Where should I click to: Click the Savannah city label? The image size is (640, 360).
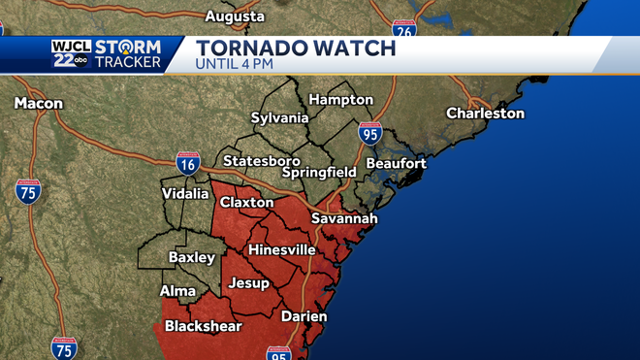(x=344, y=219)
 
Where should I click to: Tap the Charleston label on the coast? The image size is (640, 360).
(x=485, y=114)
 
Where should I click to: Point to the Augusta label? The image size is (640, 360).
(x=235, y=16)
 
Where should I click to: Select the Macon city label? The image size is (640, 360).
(x=40, y=103)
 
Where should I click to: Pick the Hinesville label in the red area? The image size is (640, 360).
(x=282, y=249)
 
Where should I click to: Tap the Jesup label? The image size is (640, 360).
(x=248, y=283)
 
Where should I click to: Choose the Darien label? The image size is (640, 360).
(x=304, y=316)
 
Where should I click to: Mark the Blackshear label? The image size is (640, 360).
(x=203, y=326)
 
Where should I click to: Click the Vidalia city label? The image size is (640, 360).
(x=185, y=193)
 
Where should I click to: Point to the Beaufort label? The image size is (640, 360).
(x=396, y=163)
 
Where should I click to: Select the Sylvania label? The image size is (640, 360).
(x=279, y=118)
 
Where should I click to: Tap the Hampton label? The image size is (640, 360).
(x=340, y=99)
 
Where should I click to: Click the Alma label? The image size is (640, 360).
(x=177, y=291)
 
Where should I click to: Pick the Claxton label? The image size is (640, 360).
(x=246, y=203)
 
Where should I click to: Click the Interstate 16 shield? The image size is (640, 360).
(x=188, y=162)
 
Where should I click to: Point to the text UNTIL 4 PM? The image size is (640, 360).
(x=235, y=65)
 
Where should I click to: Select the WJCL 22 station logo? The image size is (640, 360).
(x=70, y=55)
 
